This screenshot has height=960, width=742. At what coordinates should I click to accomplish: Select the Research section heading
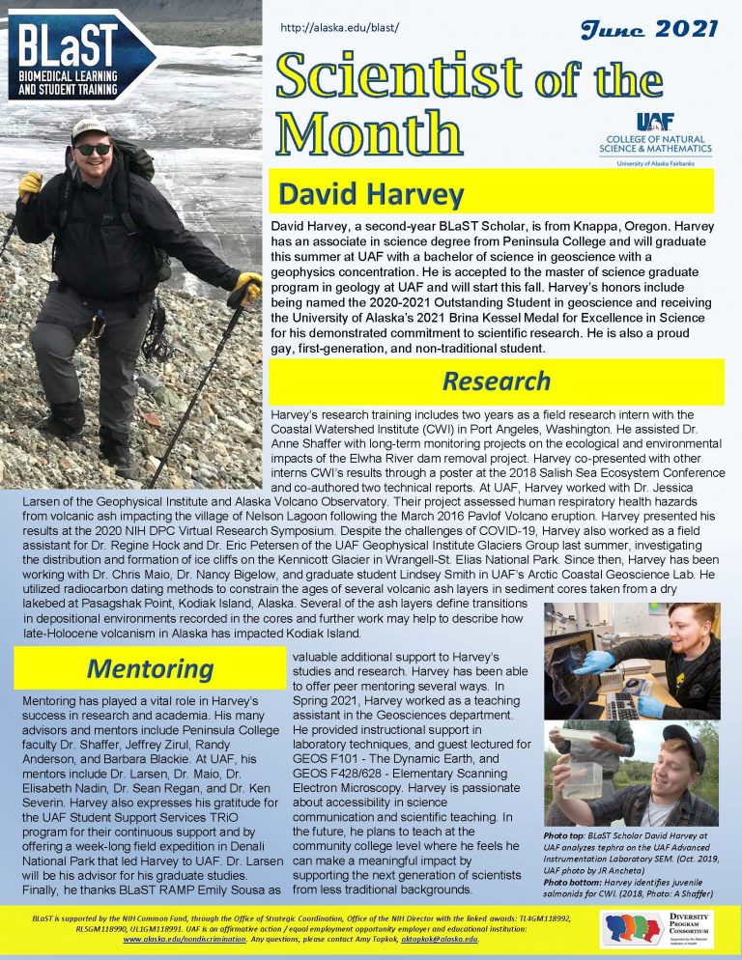pyautogui.click(x=497, y=381)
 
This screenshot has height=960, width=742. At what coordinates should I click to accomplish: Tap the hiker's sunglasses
pyautogui.click(x=94, y=150)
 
